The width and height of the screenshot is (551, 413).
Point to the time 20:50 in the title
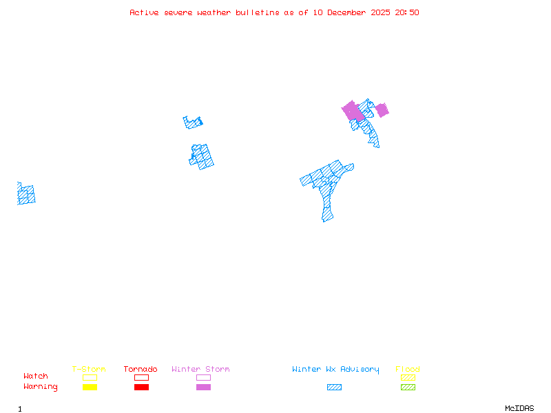pos(406,12)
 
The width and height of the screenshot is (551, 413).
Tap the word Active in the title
pos(144,12)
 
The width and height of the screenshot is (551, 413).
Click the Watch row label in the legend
pos(36,377)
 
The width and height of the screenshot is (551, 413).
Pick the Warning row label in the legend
pos(41,387)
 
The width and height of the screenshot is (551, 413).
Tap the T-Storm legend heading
pos(89,370)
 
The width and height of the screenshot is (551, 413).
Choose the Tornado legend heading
pos(141,370)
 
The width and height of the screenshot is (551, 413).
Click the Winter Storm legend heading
pos(200,370)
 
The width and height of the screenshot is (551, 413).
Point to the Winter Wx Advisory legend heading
pos(335,370)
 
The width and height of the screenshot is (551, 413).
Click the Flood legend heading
pos(408,370)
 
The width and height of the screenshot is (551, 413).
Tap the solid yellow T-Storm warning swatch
pos(90,387)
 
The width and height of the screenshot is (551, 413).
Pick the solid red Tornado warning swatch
pos(141,387)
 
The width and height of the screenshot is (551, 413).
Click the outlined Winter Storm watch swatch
pos(203,377)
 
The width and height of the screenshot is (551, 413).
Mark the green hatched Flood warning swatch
pos(408,387)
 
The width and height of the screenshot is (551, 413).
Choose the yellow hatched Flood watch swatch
pos(408,377)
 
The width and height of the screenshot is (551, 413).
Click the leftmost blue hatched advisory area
pos(26,194)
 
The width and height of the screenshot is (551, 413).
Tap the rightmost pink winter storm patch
pos(382,110)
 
